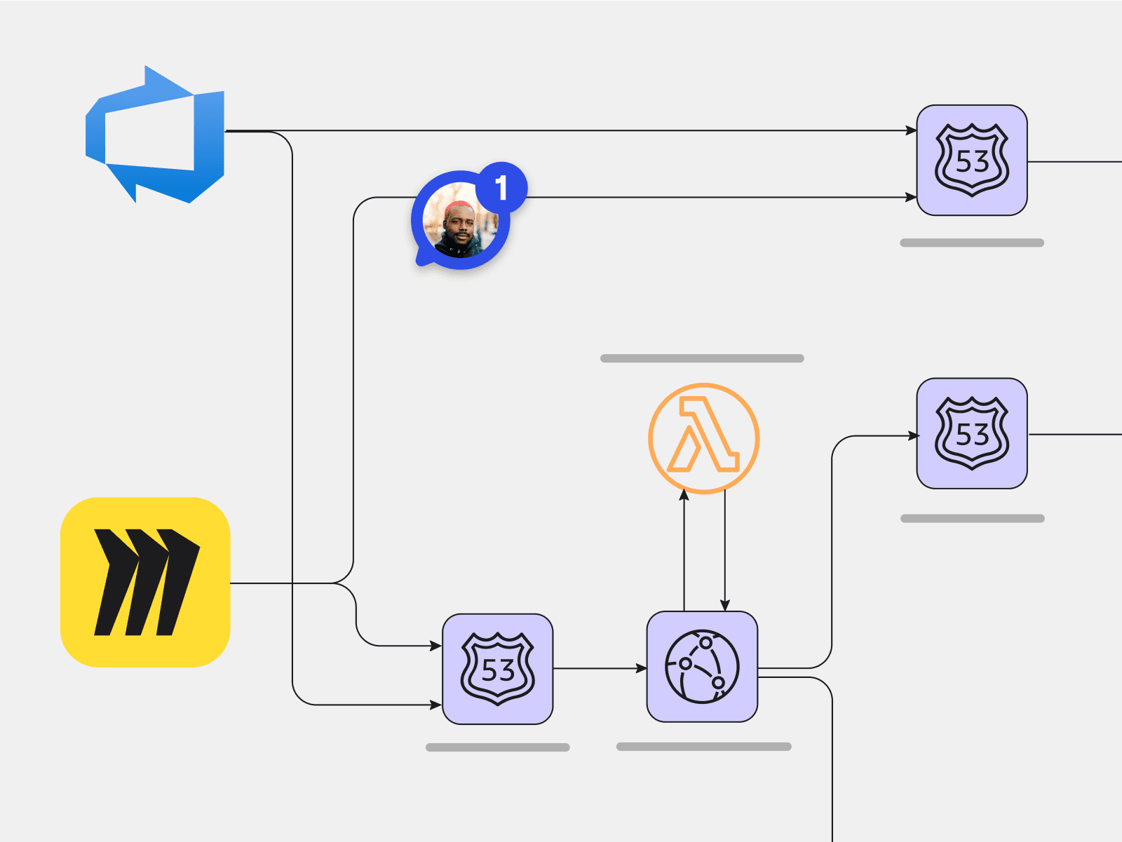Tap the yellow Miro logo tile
point(145,582)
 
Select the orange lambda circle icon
point(703,438)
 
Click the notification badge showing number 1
point(501,187)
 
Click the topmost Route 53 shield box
point(972,160)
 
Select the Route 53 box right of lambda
point(972,433)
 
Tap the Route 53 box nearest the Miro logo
point(497,669)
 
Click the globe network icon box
point(702,667)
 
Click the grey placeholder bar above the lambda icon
point(702,358)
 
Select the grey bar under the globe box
point(703,747)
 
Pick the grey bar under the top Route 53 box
point(972,243)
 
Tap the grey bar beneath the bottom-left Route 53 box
point(497,747)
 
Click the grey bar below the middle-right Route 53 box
point(972,519)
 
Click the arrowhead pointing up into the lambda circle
point(684,496)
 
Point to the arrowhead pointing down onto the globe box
point(725,605)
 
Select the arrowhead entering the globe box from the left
point(641,668)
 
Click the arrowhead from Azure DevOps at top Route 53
point(911,130)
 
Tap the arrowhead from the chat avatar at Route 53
point(911,198)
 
